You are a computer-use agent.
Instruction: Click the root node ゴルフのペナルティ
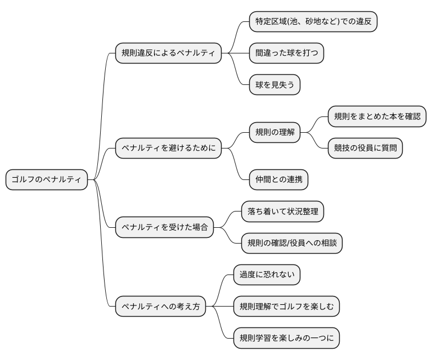point(47,180)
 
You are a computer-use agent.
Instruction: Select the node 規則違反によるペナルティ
point(168,53)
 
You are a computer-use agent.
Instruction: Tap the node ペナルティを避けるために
point(168,148)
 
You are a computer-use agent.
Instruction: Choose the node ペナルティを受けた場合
point(164,228)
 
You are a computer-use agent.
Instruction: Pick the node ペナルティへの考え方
point(160,307)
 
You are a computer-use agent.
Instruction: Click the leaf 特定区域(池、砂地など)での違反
point(313,22)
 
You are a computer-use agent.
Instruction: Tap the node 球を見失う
point(274,85)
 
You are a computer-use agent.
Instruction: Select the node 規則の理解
point(274,133)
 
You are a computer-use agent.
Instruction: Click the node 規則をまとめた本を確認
point(376,117)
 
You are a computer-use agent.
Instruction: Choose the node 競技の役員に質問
point(365,148)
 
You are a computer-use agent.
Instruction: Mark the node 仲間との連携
point(278,180)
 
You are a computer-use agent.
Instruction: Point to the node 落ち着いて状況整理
point(282,212)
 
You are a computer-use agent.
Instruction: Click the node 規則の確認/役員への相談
point(291,244)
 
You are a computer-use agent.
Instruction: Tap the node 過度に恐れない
point(267,275)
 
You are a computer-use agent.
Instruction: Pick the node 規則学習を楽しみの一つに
point(286,339)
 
